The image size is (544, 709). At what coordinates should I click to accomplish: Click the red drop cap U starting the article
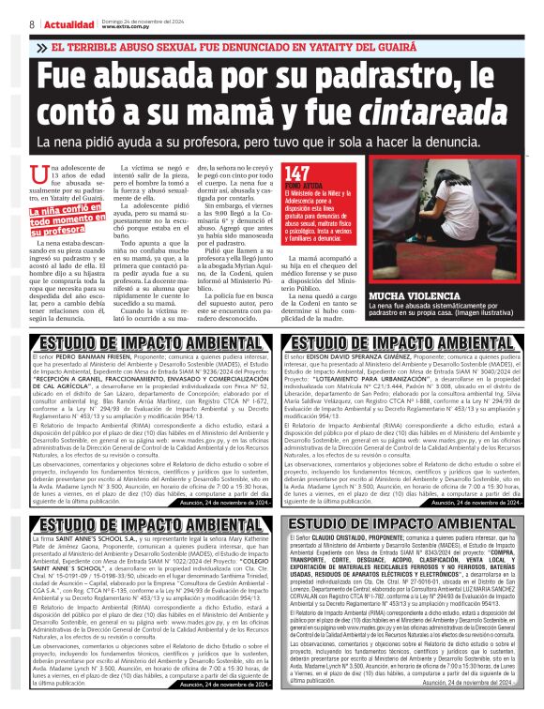(x=38, y=174)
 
